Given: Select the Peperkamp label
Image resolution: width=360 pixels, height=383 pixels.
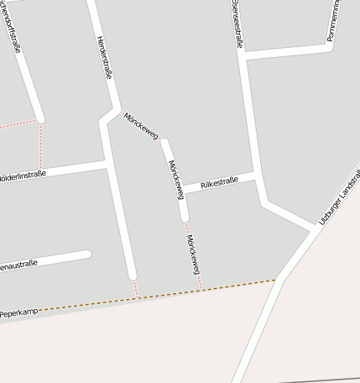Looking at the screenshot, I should point(19,312).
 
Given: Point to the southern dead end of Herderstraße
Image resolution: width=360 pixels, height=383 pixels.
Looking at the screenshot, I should point(132,275).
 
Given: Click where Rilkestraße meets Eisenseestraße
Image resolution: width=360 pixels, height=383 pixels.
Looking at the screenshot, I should point(254,176).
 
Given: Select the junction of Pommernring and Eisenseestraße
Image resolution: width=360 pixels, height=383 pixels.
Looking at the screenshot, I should point(243,55).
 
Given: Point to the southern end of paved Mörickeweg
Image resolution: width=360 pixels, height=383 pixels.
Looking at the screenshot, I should point(185,218).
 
